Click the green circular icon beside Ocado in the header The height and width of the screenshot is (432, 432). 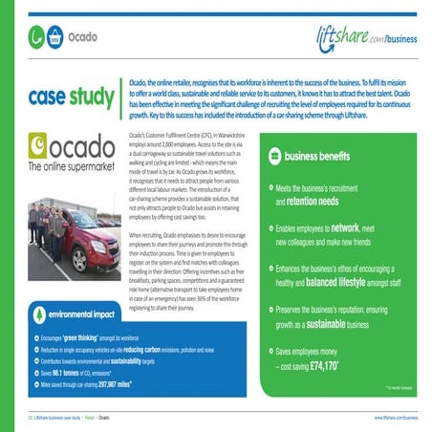pos(35,39)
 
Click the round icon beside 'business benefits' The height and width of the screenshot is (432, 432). pos(272,156)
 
